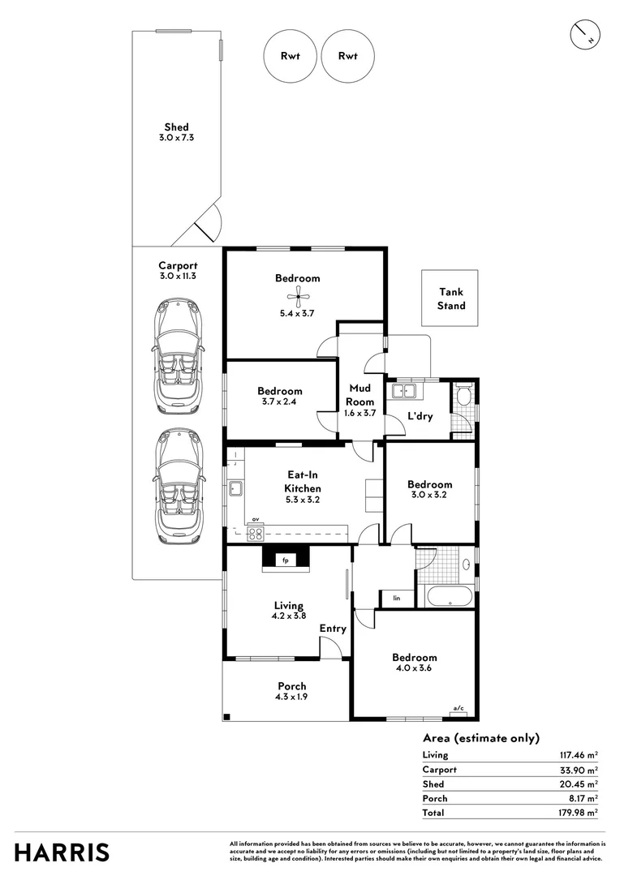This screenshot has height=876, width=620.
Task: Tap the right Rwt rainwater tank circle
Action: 348,56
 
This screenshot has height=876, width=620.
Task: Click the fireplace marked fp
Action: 285,560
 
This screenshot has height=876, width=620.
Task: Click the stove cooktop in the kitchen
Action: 255,533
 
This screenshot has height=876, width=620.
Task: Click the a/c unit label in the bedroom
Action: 458,708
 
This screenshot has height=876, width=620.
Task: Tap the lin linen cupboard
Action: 397,599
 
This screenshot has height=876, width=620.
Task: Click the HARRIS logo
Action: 62,852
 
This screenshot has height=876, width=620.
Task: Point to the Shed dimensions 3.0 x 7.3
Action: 176,138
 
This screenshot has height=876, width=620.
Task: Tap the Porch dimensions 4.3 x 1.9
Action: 291,697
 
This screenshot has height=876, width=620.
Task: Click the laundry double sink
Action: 403,392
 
